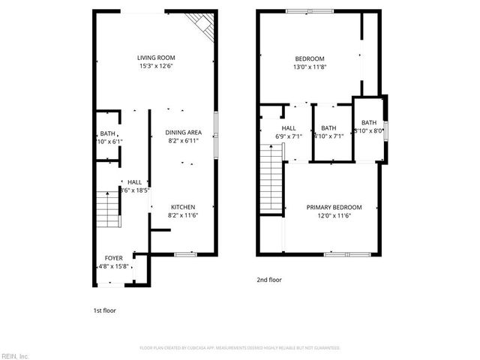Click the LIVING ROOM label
155,58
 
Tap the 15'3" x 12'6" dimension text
155,66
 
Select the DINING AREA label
183,132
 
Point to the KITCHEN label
183,207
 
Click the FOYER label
113,257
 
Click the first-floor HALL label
134,181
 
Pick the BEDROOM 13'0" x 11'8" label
309,58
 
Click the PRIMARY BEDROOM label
334,207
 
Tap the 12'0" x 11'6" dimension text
334,215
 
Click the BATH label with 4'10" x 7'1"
328,128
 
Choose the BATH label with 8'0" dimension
369,123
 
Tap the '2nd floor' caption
268,280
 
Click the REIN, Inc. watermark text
15,355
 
